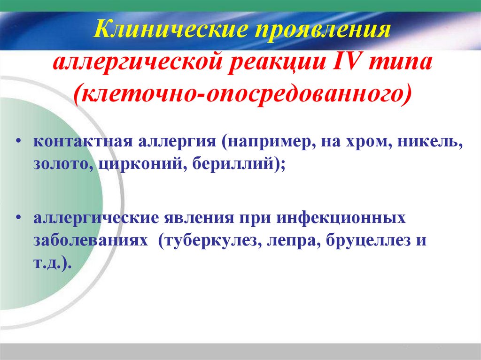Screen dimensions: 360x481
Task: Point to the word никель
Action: [x=429, y=141]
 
